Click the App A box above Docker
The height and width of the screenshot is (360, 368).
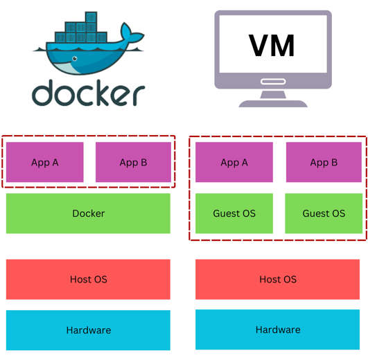point(45,163)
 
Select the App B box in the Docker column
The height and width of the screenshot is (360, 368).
point(133,163)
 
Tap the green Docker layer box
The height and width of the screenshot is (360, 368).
point(88,213)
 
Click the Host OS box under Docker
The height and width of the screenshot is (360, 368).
point(88,280)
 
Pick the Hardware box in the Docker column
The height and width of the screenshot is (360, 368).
point(88,330)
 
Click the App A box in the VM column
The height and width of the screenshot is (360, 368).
point(234,163)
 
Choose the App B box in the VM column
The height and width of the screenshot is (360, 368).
point(324,163)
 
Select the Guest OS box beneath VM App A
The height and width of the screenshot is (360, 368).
point(234,213)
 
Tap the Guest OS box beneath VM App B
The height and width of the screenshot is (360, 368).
point(324,213)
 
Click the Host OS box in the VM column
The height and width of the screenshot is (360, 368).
point(278,280)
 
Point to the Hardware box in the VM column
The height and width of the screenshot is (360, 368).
point(278,330)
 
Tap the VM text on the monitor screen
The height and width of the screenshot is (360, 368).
point(272,45)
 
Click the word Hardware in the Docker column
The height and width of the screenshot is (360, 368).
point(88,330)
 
